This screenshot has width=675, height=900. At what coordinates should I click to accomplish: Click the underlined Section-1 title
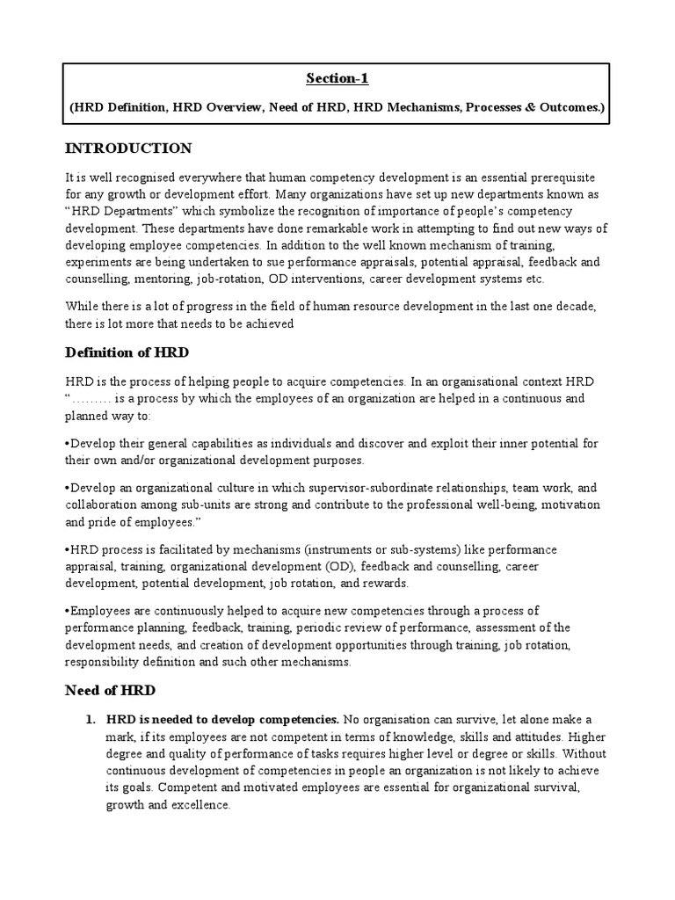pyautogui.click(x=337, y=79)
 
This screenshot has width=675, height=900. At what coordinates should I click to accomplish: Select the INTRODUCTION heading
pyautogui.click(x=128, y=148)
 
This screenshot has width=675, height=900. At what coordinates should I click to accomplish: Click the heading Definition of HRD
pyautogui.click(x=127, y=352)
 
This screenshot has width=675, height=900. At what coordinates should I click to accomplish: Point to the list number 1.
pyautogui.click(x=90, y=720)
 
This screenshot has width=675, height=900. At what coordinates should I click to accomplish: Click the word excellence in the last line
pyautogui.click(x=199, y=803)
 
